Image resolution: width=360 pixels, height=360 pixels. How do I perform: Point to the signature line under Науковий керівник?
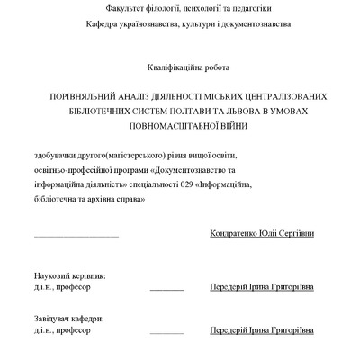click(166, 290)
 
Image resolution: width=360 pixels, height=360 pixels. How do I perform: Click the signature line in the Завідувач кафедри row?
click(166, 337)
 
